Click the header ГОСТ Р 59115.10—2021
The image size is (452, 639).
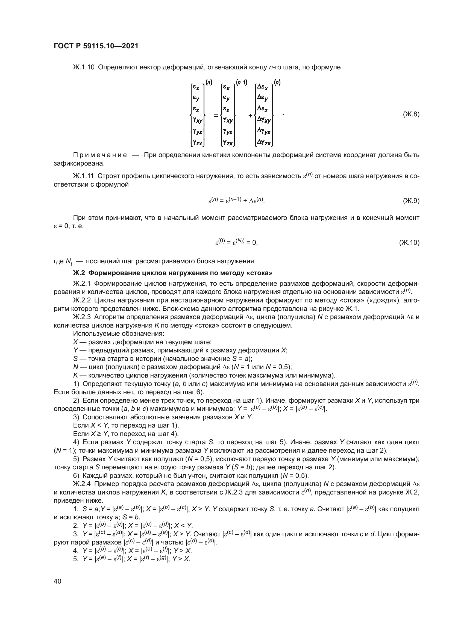pos(96,46)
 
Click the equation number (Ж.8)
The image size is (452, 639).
pos(411,114)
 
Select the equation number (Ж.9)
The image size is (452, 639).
pos(411,201)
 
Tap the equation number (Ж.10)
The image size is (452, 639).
pos(409,243)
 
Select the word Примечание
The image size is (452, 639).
pos(100,155)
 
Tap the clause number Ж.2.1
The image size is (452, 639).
pos(82,284)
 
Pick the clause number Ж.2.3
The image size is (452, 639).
pos(82,317)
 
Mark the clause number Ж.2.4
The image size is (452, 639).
pos(82,484)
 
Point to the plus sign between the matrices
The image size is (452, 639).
pos(251,115)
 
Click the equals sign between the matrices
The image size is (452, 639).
pos(216,115)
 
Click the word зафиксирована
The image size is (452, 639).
pos(79,163)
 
